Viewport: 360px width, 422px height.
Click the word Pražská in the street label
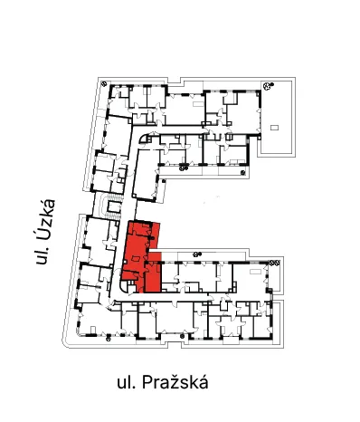[x=175, y=382]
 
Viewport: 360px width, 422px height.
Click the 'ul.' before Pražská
[x=127, y=383]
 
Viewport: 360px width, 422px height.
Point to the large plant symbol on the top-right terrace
[x=267, y=86]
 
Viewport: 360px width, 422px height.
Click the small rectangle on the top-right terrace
[x=274, y=128]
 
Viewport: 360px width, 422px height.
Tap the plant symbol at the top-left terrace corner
[x=104, y=83]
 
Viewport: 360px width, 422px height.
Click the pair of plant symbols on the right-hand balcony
[x=274, y=263]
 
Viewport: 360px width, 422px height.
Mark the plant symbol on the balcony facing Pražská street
[x=182, y=336]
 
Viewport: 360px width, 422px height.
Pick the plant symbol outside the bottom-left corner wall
[x=109, y=339]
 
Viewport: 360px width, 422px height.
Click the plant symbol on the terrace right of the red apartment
[x=196, y=254]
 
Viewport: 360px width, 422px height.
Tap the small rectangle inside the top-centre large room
[x=197, y=104]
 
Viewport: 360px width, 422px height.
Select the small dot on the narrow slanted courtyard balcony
[x=164, y=181]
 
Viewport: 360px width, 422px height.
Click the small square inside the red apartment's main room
[x=136, y=259]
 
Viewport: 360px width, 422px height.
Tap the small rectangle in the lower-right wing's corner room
[x=255, y=272]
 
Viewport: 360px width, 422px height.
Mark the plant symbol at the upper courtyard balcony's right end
[x=243, y=173]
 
